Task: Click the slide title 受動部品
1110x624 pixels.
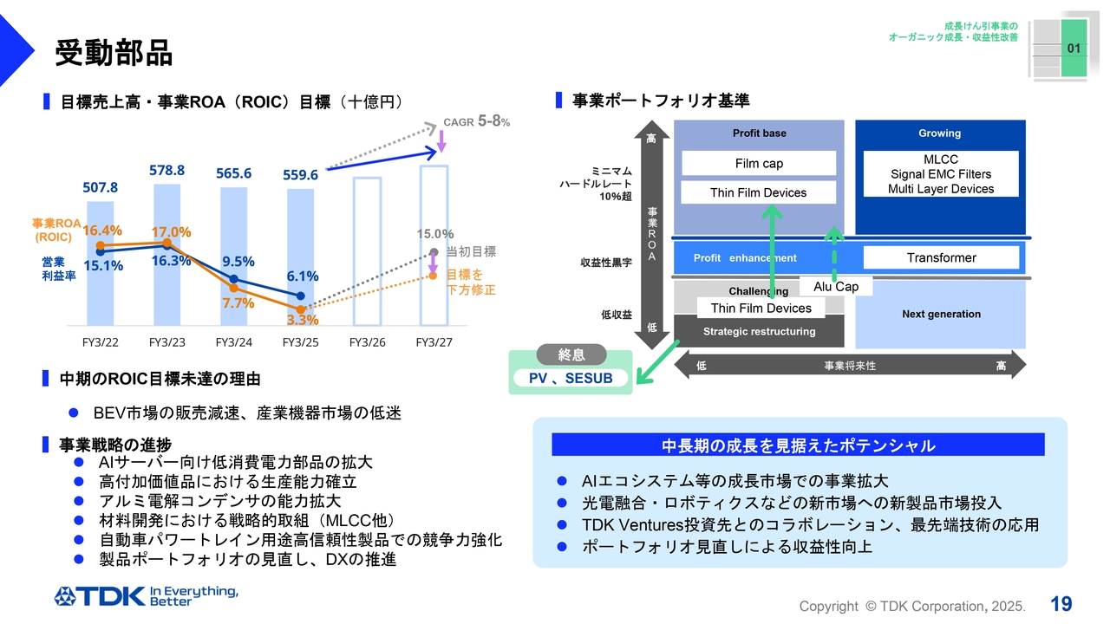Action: click(114, 53)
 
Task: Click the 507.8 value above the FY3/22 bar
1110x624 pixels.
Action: click(101, 187)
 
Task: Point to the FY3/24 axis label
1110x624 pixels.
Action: click(233, 342)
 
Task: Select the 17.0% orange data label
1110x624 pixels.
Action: click(172, 232)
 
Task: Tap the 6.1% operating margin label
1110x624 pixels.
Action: click(303, 276)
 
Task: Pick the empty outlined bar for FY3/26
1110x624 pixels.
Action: click(367, 250)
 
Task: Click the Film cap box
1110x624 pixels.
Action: click(759, 164)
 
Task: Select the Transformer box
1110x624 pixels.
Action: click(941, 257)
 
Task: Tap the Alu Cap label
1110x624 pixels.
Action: click(836, 287)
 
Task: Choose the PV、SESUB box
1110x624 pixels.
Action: click(571, 379)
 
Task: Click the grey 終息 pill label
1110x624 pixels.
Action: click(571, 355)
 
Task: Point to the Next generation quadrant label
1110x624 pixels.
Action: click(941, 314)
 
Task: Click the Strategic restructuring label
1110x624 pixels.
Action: click(759, 331)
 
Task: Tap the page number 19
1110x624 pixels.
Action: click(1061, 603)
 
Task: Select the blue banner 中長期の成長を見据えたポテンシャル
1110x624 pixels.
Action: click(798, 445)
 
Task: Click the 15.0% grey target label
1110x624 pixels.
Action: click(434, 234)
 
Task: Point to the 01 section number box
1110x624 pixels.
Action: click(1074, 49)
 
